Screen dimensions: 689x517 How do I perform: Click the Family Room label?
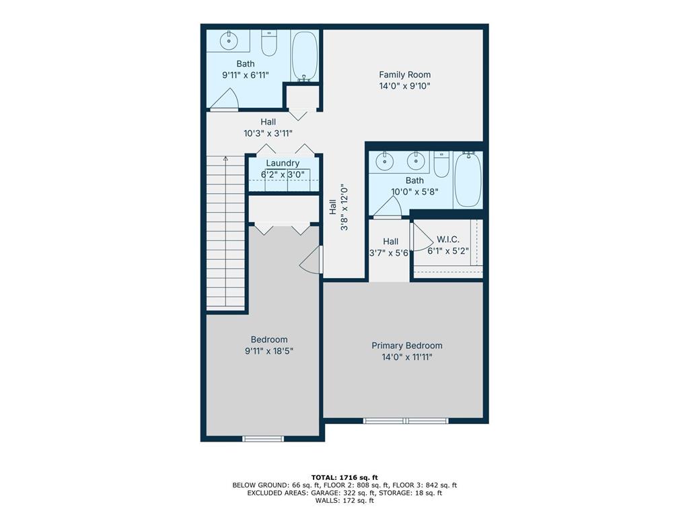point(404,75)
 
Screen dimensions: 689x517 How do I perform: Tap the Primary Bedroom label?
point(407,345)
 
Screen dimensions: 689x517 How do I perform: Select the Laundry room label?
point(283,163)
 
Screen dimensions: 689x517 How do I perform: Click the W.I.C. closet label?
point(447,240)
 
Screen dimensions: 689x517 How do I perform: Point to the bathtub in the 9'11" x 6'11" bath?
point(305,57)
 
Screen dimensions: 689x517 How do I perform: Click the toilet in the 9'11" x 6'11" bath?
point(269,42)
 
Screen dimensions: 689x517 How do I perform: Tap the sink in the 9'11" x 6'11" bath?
point(229,40)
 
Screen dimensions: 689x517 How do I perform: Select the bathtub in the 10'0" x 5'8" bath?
point(468,179)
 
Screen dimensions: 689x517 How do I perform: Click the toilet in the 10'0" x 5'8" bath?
point(441,164)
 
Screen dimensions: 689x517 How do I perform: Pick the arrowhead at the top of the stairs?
point(225,158)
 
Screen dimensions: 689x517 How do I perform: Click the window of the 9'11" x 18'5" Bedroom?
point(263,438)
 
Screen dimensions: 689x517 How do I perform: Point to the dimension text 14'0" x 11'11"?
point(407,357)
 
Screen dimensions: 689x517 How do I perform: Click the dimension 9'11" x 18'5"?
point(269,351)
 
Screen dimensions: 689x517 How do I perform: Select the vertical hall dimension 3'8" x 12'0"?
point(339,207)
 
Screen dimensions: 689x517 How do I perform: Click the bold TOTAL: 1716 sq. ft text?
point(344,477)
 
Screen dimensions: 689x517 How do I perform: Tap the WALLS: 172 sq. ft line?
point(344,500)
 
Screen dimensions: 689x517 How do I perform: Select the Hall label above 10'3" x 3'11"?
point(268,122)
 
